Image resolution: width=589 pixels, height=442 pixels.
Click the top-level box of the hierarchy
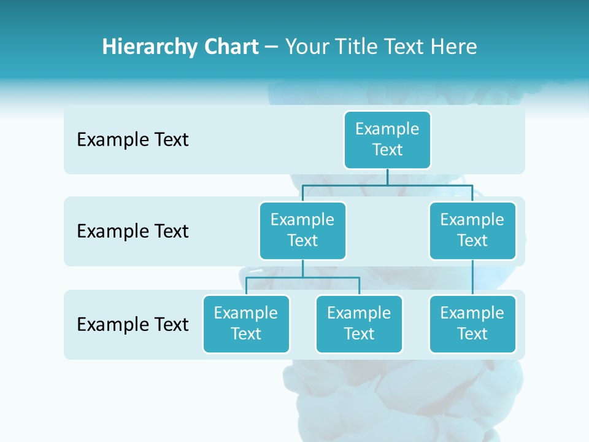(x=387, y=139)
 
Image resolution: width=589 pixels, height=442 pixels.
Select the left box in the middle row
(x=302, y=230)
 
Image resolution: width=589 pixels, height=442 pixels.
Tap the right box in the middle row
(x=472, y=230)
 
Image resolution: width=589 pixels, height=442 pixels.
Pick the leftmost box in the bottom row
(x=246, y=324)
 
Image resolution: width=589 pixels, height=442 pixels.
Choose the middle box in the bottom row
(x=359, y=324)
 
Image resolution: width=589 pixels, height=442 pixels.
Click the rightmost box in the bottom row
(x=472, y=324)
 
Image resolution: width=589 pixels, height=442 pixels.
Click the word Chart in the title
(x=228, y=47)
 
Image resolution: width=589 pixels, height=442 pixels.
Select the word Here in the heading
(x=454, y=47)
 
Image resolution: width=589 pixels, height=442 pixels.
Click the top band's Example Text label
(x=133, y=140)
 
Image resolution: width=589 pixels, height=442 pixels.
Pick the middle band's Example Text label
(x=133, y=231)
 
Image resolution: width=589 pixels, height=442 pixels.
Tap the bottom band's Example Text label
(x=133, y=324)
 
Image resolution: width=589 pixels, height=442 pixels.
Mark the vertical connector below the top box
(x=387, y=176)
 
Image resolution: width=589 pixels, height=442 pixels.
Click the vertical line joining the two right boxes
(x=472, y=277)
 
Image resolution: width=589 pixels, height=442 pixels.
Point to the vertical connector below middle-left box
(x=302, y=268)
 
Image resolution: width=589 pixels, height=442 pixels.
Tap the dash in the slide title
(x=272, y=47)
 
